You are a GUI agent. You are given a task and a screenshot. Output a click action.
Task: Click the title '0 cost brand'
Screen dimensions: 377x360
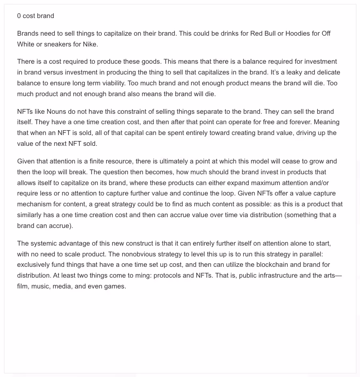click(x=36, y=16)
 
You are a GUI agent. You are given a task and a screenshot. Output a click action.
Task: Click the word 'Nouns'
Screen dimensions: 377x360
click(x=56, y=112)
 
